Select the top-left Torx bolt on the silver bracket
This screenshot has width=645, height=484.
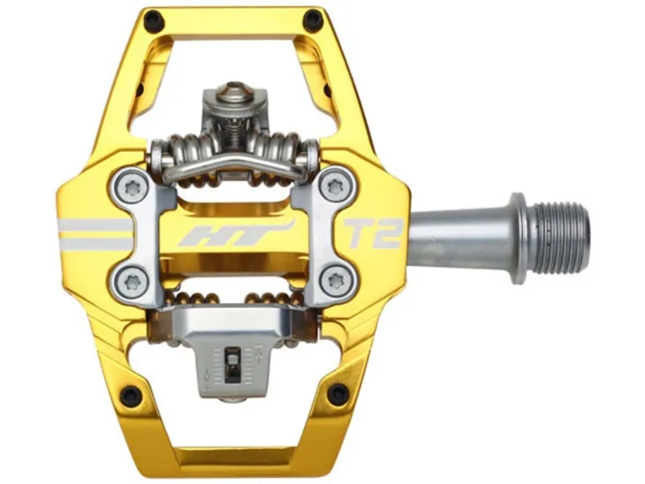133,188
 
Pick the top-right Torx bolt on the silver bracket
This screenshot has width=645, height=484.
336,188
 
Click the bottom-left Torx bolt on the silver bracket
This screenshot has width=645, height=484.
131,282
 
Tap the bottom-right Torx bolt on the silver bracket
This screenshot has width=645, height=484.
336,281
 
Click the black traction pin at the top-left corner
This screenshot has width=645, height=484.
153,18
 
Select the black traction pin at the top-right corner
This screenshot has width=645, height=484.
313,18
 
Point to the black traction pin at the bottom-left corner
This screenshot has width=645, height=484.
132,395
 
